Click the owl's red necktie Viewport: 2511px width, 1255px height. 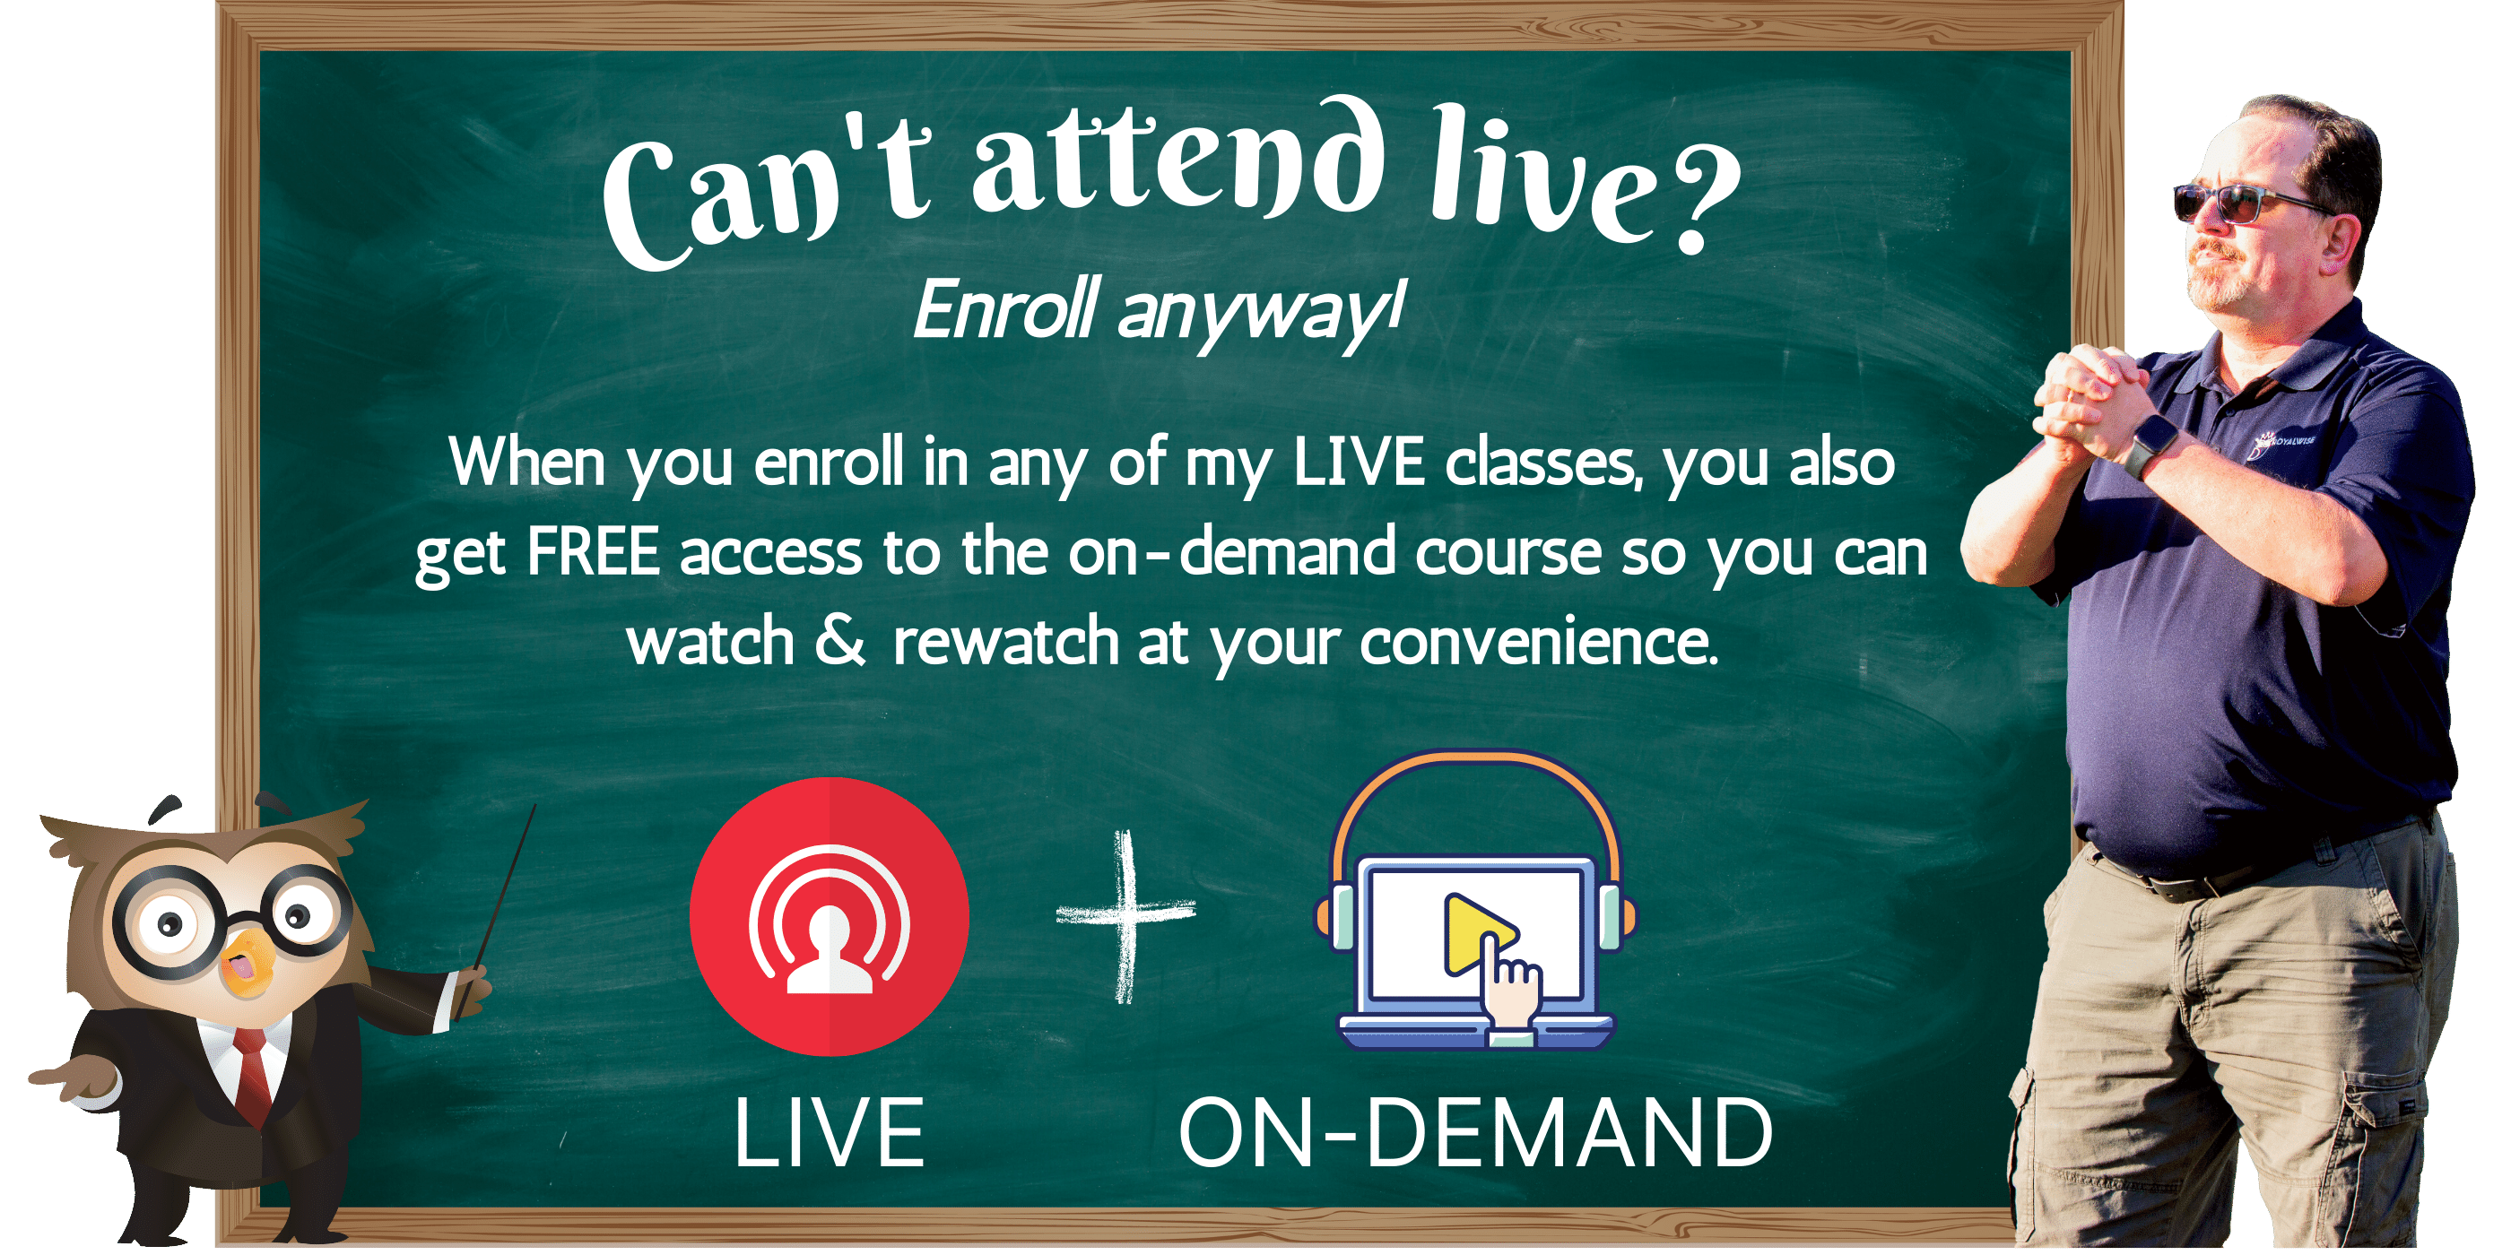pyautogui.click(x=255, y=1077)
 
